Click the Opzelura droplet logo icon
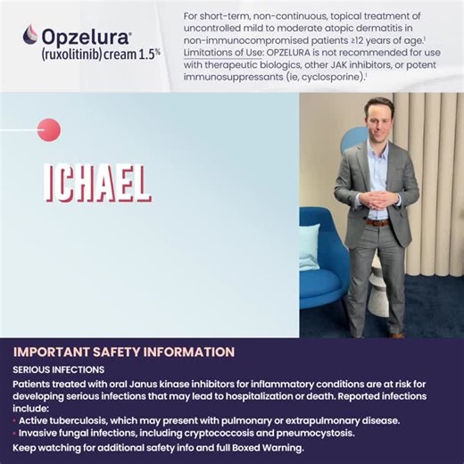(30, 35)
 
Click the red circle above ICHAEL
(49, 129)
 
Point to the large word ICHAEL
(97, 182)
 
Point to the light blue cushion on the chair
(309, 246)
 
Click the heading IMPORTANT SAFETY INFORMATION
(124, 352)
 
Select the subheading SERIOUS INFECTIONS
(59, 369)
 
